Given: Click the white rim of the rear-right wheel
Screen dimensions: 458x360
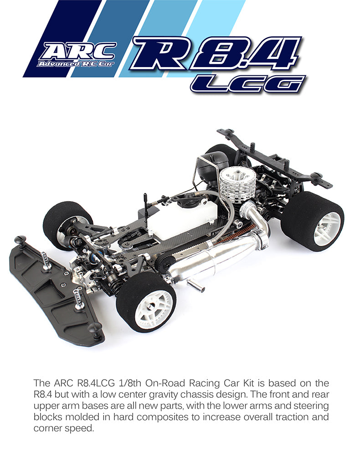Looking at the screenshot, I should pyautogui.click(x=327, y=228).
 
